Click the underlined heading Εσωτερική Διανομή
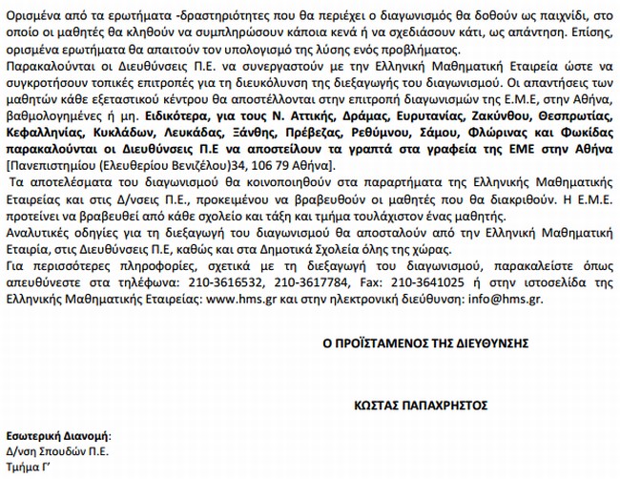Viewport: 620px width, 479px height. click(58, 434)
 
